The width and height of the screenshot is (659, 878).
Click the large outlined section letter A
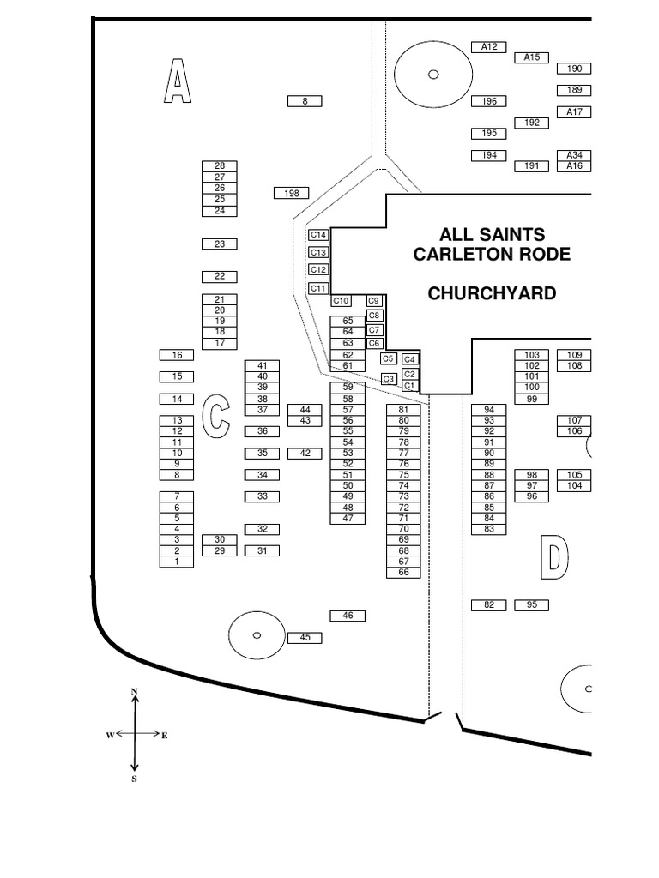pos(177,81)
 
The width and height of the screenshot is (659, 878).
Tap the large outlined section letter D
pos(554,557)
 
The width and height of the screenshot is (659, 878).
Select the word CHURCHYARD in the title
pos(492,293)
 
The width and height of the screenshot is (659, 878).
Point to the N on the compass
pos(134,691)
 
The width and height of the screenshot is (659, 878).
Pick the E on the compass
pos(165,736)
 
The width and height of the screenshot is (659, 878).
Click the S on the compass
pos(134,779)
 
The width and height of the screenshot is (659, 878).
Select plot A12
pos(489,47)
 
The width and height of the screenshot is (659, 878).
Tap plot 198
pos(291,194)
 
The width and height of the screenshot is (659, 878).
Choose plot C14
pos(318,235)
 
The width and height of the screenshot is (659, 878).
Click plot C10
pos(341,301)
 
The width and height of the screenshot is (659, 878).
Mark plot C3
pos(389,379)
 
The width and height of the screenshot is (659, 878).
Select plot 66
pos(403,573)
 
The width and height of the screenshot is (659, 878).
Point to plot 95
pos(531,605)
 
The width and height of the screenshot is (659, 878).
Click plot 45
pos(305,638)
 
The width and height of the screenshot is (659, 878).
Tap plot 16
pos(177,355)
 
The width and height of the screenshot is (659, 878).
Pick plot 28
pos(220,166)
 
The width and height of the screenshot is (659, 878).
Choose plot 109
pos(574,355)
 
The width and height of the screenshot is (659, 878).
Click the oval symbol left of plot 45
pos(257,635)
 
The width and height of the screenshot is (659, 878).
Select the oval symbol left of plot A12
pos(433,75)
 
